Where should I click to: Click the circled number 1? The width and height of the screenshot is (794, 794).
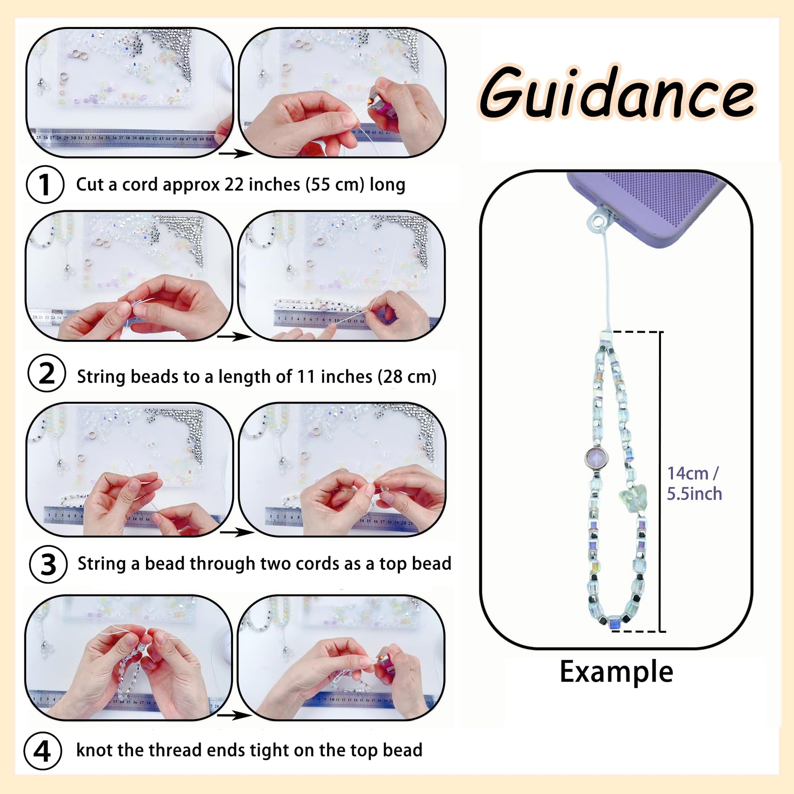pyautogui.click(x=45, y=184)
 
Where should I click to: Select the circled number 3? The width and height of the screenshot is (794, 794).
pyautogui.click(x=48, y=564)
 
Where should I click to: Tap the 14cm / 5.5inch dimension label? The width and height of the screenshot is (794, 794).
pyautogui.click(x=694, y=483)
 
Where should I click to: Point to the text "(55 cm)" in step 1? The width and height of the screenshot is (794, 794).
pyautogui.click(x=335, y=184)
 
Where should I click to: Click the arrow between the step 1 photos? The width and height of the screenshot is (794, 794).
pyautogui.click(x=235, y=153)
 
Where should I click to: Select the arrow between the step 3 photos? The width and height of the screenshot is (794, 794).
pyautogui.click(x=237, y=532)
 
